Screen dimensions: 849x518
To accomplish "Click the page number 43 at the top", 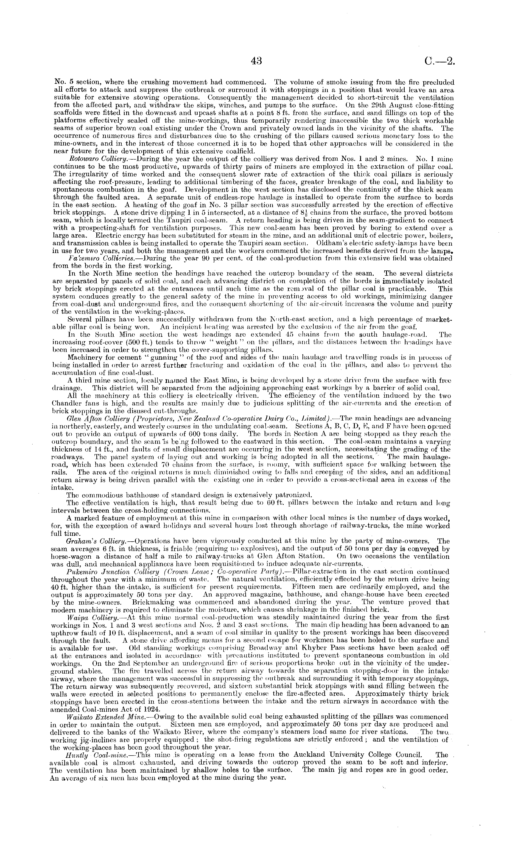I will pos(257,61).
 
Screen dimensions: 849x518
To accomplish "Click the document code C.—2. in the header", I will pos(440,61).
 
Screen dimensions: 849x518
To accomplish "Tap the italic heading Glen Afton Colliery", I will pos(92,419).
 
